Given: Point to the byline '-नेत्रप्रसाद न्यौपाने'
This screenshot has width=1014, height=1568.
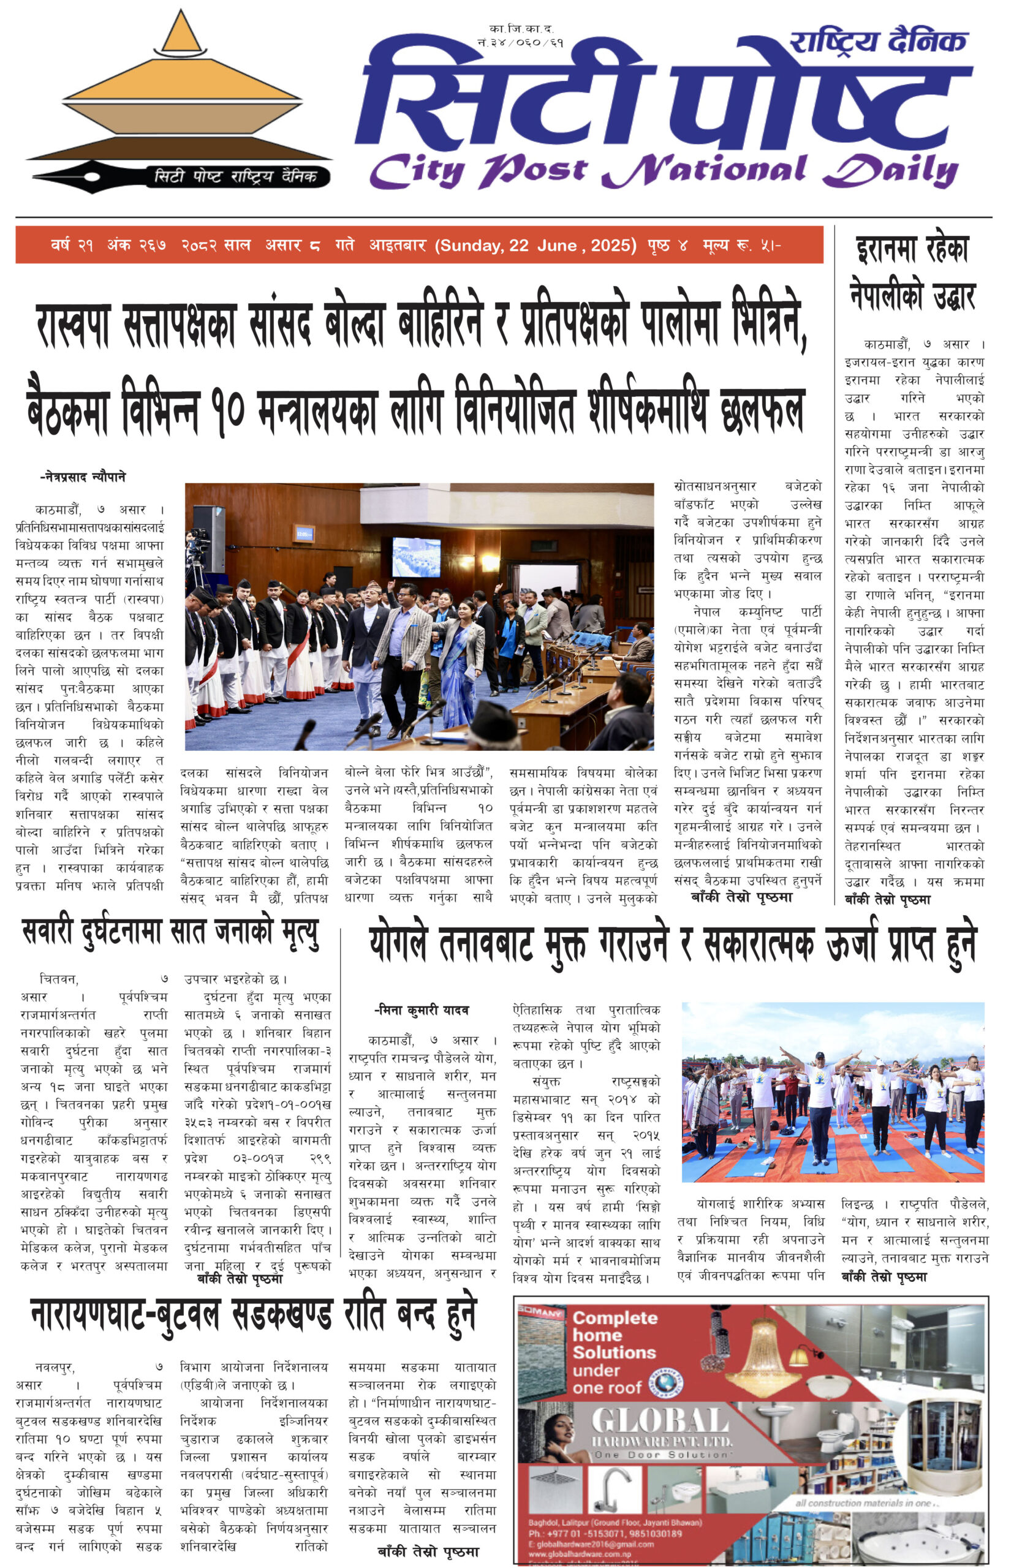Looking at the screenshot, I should click(82, 477).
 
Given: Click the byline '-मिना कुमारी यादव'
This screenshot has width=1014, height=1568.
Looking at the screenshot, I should click(422, 1010).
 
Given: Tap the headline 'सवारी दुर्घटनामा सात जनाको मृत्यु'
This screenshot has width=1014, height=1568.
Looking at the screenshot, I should click(170, 933).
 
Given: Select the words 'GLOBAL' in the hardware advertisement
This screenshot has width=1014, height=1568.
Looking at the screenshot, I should click(660, 1422).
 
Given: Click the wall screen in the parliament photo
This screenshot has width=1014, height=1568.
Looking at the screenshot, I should click(416, 557).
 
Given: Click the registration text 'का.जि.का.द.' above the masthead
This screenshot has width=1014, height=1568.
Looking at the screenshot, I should click(521, 29).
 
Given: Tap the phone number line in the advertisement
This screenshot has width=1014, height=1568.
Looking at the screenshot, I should click(605, 1533).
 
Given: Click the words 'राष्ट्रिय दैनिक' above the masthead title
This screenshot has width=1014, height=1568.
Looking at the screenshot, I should click(878, 42).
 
